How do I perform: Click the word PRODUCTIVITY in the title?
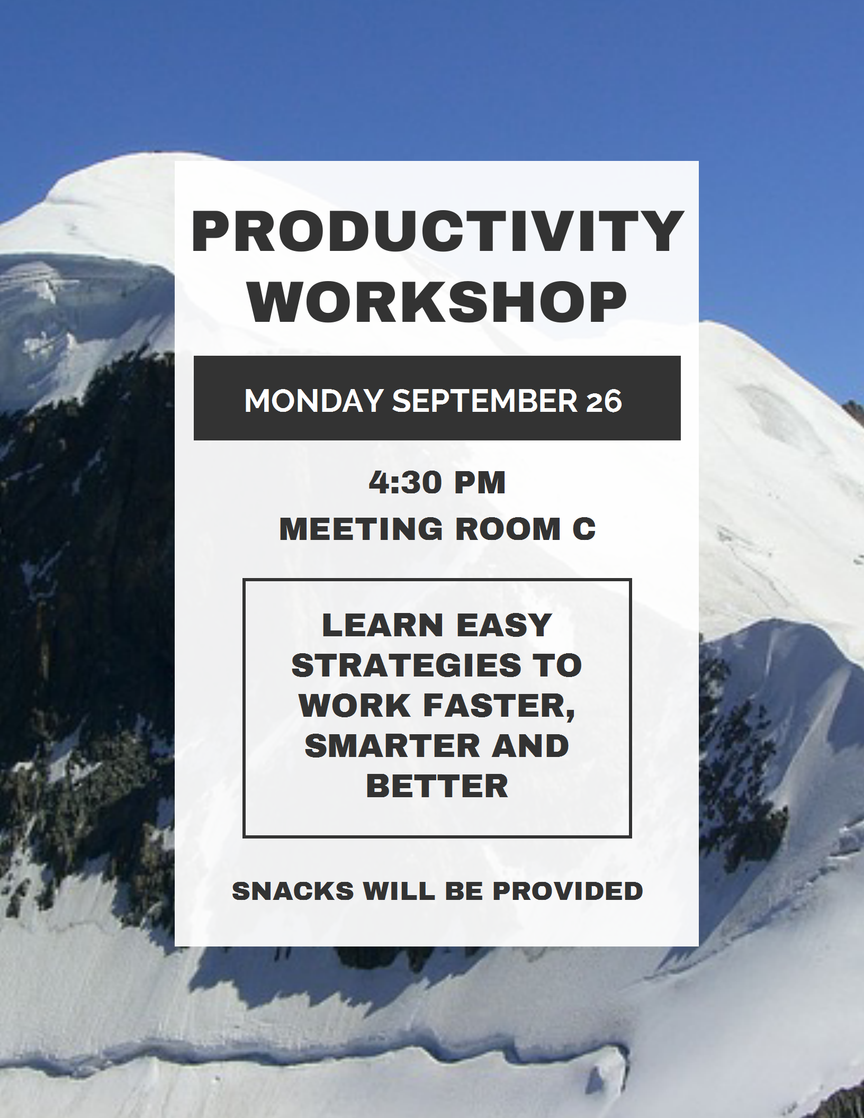coord(437,231)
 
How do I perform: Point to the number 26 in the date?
coord(604,401)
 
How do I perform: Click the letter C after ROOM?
coord(584,529)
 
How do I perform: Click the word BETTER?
coord(437,786)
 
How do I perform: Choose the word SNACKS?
coord(293,891)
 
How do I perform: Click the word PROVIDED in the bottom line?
coord(568,891)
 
